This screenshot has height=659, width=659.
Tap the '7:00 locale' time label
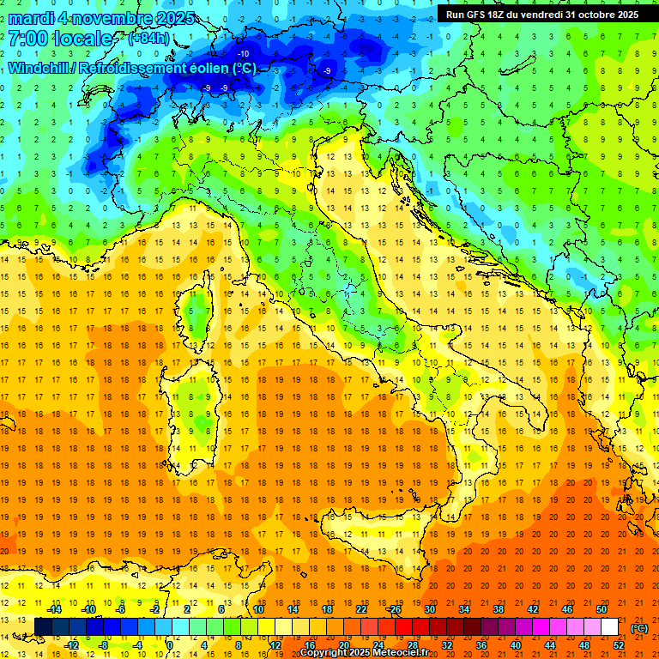[x=60, y=39]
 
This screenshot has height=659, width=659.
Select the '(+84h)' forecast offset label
[x=148, y=39]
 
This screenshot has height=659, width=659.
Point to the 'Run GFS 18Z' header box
[x=541, y=15]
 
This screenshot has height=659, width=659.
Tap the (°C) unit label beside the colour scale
[x=639, y=628]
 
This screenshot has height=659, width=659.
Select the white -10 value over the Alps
[x=244, y=54]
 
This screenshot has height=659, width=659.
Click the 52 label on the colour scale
[x=619, y=644]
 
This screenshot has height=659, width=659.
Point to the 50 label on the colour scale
[x=602, y=608]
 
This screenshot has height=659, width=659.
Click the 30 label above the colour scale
[x=429, y=608]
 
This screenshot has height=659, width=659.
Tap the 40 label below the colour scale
[x=515, y=644]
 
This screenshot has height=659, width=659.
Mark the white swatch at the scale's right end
[x=609, y=626]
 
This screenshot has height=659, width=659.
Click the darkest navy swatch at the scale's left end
[x=43, y=626]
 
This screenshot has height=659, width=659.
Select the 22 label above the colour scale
[x=360, y=608]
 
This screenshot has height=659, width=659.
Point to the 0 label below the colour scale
[x=170, y=644]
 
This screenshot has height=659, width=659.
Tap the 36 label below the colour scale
[x=481, y=644]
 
